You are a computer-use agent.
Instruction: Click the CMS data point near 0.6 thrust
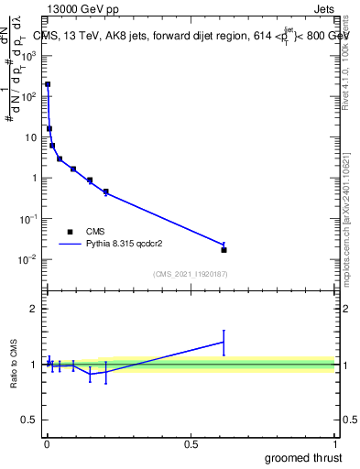pos(224,249)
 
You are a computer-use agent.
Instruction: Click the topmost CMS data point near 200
pos(48,84)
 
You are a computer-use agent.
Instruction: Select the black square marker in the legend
pos(70,232)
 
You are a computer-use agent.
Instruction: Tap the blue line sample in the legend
pos(70,244)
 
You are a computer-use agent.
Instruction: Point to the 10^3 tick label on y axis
pos(30,55)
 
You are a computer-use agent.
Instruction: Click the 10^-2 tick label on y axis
pos(30,259)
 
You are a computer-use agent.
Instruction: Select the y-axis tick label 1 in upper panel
pos(34,178)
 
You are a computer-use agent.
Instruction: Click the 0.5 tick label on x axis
pos(191,445)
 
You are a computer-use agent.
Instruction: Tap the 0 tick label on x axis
pos(47,445)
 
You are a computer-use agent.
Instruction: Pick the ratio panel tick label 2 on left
pos(36,309)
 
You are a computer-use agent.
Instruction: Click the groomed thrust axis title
pos(303,457)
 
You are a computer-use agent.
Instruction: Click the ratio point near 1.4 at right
pos(224,342)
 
